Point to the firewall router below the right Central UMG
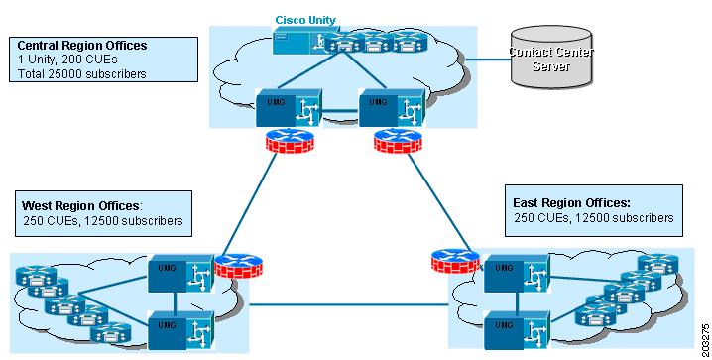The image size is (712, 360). pyautogui.click(x=390, y=140)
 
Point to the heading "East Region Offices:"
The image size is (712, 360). pyautogui.click(x=570, y=202)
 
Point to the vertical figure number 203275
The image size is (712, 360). pyautogui.click(x=704, y=337)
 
